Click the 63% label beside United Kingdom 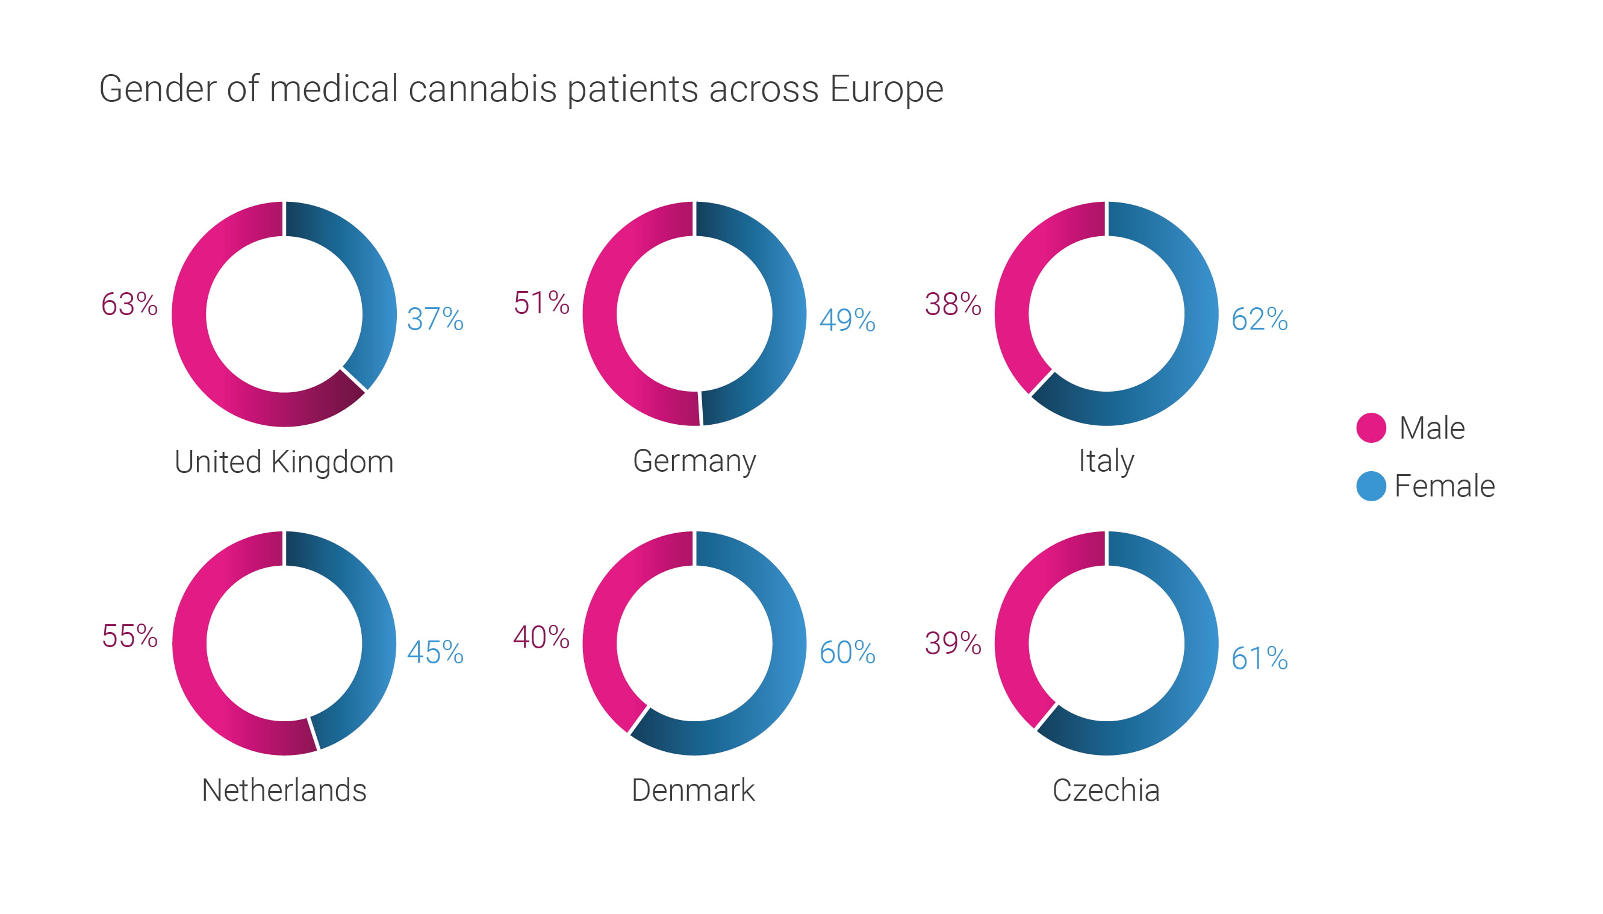click(129, 304)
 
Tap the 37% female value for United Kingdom click(435, 319)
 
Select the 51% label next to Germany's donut click(541, 303)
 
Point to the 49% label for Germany click(847, 320)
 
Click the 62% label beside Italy click(1259, 319)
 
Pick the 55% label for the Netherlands click(129, 636)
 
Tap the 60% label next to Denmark click(847, 653)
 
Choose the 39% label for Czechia click(953, 643)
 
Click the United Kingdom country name click(284, 462)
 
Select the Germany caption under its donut click(694, 462)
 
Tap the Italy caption click(1106, 462)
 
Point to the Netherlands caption click(284, 790)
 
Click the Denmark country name click(693, 790)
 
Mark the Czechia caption click(1106, 790)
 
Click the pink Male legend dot click(1371, 428)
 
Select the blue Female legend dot click(1371, 486)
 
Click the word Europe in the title click(886, 89)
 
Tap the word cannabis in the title click(482, 89)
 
